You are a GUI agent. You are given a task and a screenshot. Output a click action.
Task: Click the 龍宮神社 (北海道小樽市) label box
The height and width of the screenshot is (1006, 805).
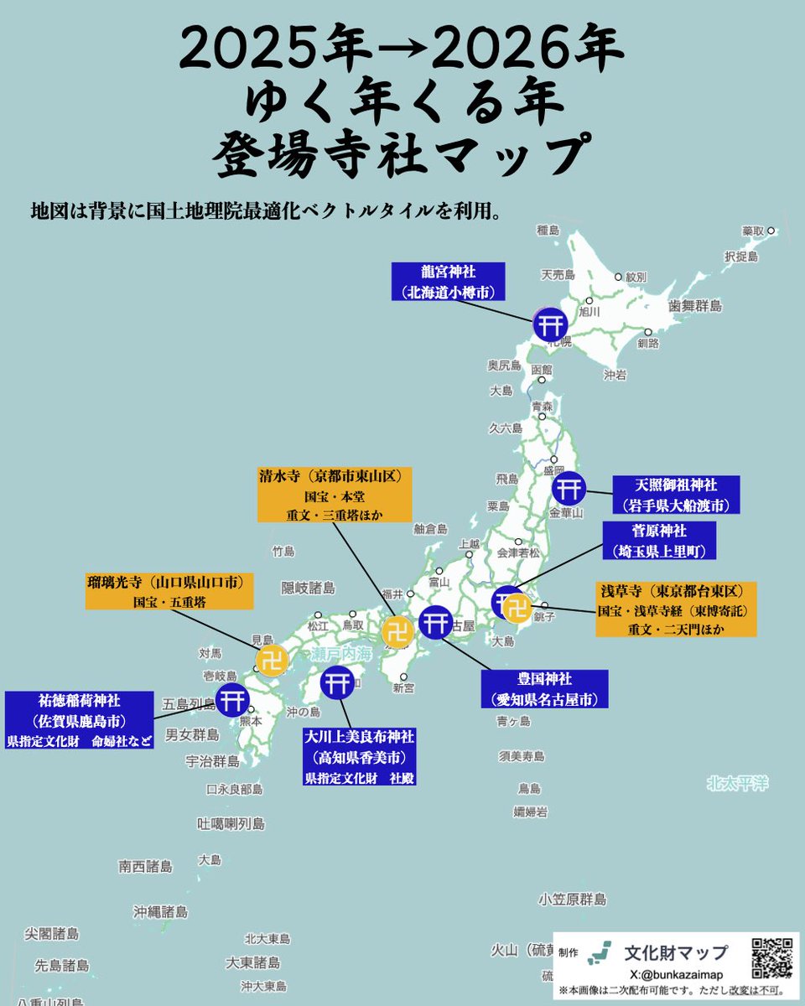(x=447, y=282)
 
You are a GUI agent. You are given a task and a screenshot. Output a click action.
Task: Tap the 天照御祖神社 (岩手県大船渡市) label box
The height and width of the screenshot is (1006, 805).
(x=676, y=495)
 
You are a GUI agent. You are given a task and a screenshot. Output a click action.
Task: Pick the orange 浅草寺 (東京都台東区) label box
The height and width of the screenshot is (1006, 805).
(x=677, y=609)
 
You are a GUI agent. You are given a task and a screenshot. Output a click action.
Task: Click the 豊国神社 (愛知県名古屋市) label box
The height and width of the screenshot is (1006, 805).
(x=544, y=687)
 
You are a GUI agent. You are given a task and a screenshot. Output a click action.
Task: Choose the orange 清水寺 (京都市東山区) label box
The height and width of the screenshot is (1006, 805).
(x=334, y=495)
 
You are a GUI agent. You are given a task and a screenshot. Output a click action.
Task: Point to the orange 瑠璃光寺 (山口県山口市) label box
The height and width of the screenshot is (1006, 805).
(x=169, y=591)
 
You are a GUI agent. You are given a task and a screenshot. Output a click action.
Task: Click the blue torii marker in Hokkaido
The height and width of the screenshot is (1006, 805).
(x=550, y=324)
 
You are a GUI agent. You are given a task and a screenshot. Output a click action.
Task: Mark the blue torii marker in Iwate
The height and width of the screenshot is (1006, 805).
(x=568, y=488)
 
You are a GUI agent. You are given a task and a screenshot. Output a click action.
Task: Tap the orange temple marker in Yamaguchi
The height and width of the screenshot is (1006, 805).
(x=272, y=661)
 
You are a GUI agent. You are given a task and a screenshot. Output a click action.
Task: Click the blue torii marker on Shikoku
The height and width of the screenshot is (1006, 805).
(x=337, y=682)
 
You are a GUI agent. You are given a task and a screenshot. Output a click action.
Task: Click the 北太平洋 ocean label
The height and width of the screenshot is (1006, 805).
(x=737, y=784)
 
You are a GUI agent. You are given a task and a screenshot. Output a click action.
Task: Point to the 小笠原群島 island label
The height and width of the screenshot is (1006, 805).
(x=573, y=900)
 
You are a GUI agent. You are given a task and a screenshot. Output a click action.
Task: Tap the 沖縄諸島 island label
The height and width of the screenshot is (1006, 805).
(x=160, y=911)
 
